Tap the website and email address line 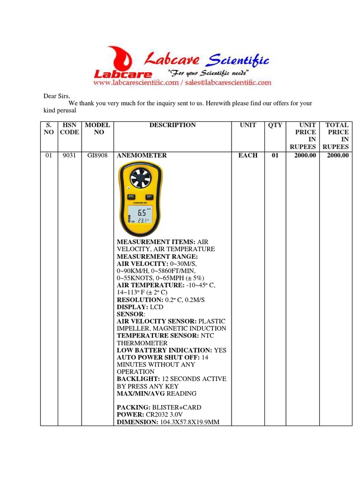tap(182, 82)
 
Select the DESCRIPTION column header tap(172, 125)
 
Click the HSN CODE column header tap(68, 128)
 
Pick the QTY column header tap(275, 125)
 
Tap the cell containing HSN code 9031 tap(68, 156)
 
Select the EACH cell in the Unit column tap(248, 156)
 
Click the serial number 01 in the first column tap(48, 156)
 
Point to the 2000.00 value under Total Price tap(337, 156)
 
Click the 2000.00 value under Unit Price tap(305, 156)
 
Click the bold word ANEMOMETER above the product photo tap(142, 156)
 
